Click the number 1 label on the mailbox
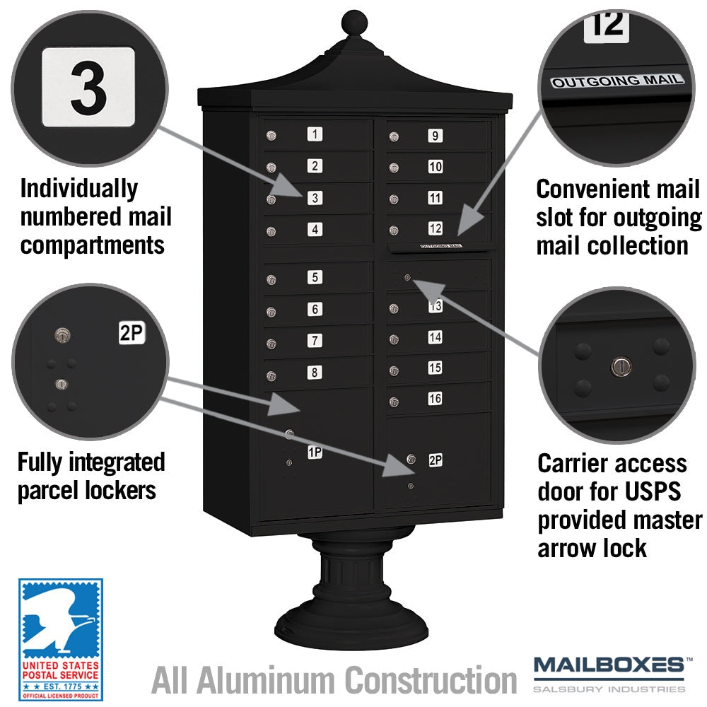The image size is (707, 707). pyautogui.click(x=315, y=134)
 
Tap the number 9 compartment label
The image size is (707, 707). pyautogui.click(x=435, y=136)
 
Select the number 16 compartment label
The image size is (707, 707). pyautogui.click(x=435, y=399)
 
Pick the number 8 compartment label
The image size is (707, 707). pyautogui.click(x=315, y=373)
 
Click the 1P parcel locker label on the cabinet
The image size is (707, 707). pyautogui.click(x=315, y=452)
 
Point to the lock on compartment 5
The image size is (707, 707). pyautogui.click(x=271, y=280)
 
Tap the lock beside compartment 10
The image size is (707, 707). pyautogui.click(x=394, y=168)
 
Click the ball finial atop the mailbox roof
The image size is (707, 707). pyautogui.click(x=354, y=22)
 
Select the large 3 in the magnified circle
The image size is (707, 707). pyautogui.click(x=88, y=88)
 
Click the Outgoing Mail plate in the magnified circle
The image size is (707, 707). pyautogui.click(x=617, y=81)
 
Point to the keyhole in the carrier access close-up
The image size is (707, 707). pyautogui.click(x=621, y=366)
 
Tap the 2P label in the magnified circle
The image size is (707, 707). pyautogui.click(x=132, y=333)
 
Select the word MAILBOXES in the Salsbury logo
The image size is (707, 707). pyautogui.click(x=609, y=665)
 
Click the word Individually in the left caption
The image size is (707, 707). pyautogui.click(x=79, y=189)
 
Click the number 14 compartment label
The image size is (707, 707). pyautogui.click(x=435, y=337)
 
